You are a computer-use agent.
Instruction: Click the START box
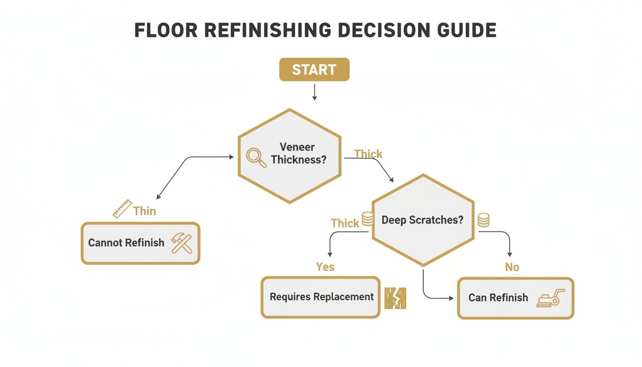click(x=314, y=70)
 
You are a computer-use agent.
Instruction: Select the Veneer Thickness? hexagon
click(x=289, y=156)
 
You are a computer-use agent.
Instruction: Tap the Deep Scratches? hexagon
click(x=423, y=220)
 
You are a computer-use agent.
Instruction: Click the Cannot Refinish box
click(x=140, y=243)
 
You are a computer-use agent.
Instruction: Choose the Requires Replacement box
click(x=321, y=297)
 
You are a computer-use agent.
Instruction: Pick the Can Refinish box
click(x=515, y=298)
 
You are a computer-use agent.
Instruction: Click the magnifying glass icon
click(x=257, y=158)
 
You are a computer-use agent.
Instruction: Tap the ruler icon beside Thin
click(x=122, y=209)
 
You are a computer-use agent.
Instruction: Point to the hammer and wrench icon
click(x=182, y=243)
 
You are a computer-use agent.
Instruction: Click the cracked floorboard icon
click(x=396, y=297)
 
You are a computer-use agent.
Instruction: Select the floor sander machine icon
click(x=550, y=298)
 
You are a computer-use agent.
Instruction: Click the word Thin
click(x=144, y=211)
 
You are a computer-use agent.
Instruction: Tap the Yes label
click(x=325, y=267)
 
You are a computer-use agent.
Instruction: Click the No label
click(x=512, y=267)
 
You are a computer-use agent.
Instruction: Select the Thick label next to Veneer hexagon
click(x=368, y=154)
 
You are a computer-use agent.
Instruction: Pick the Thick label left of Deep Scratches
click(x=345, y=223)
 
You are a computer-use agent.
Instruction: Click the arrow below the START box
click(x=314, y=92)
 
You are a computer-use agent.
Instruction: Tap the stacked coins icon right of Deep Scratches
click(x=483, y=220)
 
